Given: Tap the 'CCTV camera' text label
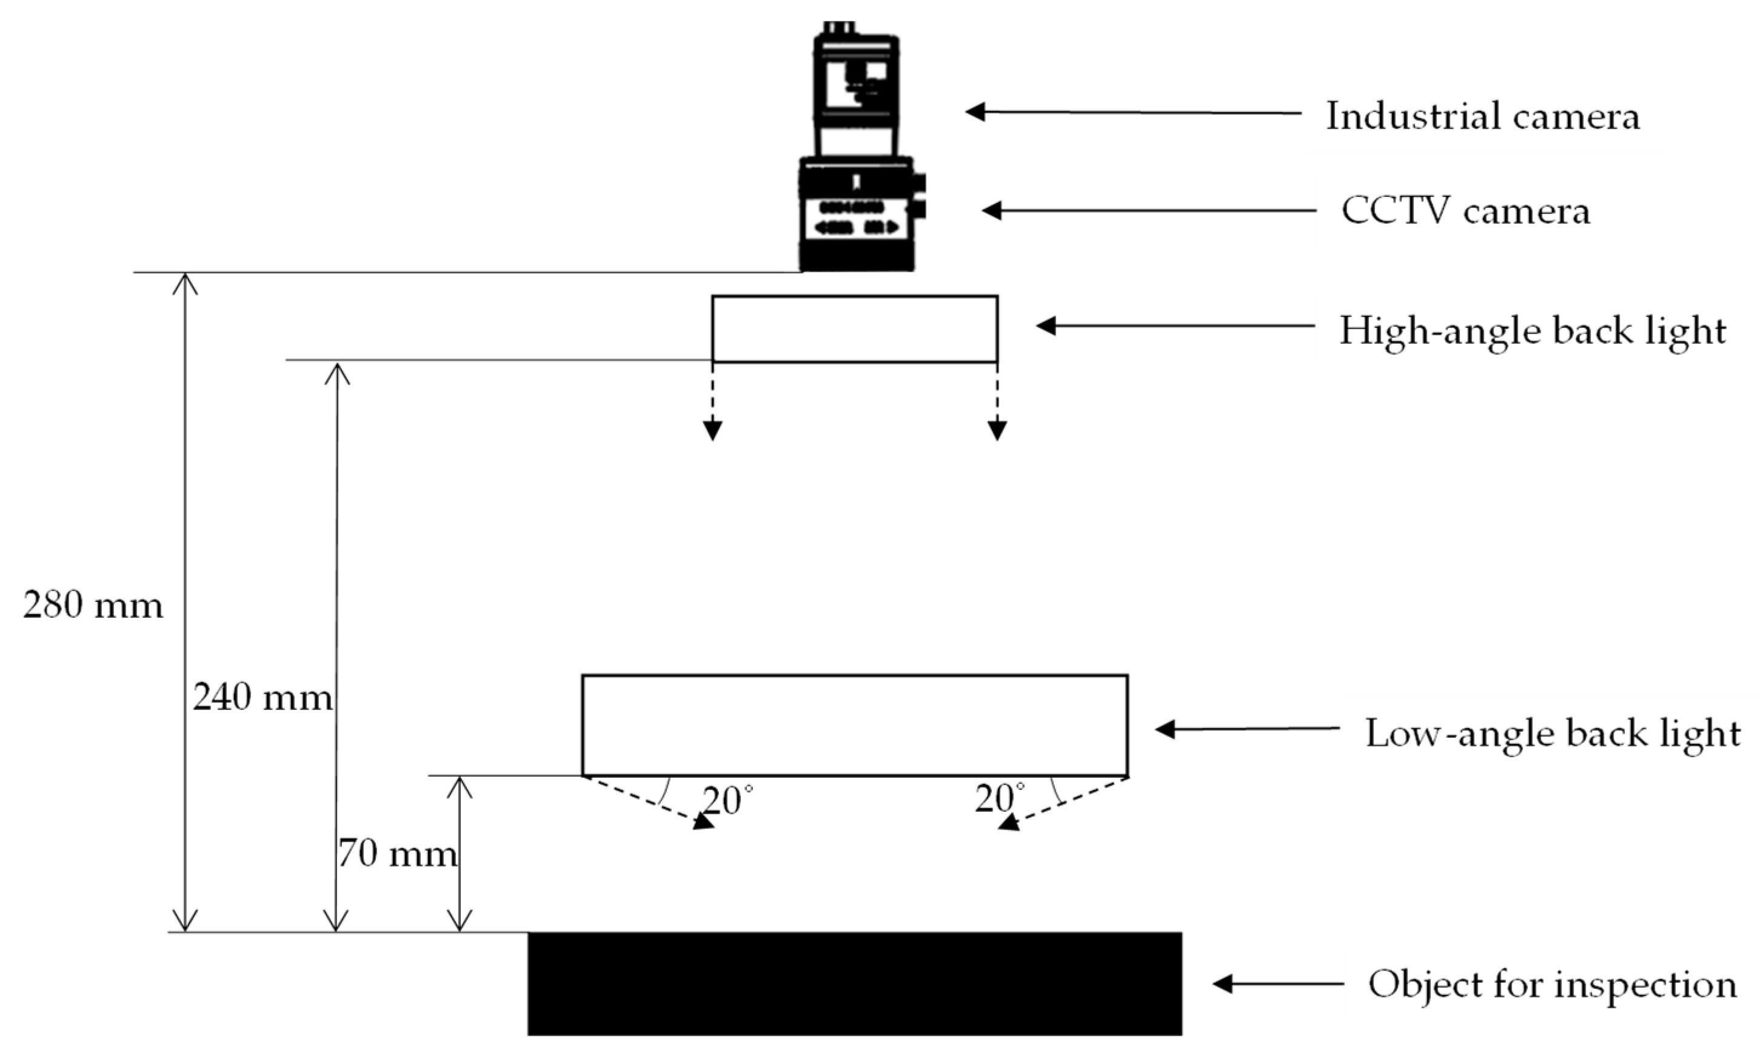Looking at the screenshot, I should coord(1465,212).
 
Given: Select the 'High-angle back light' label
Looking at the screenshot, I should coord(1533,331).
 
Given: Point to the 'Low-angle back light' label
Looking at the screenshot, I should coord(1553,733).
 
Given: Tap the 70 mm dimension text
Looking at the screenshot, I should coord(397,854).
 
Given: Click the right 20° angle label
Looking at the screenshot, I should coord(1000,799).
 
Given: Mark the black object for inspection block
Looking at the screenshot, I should coord(854,983).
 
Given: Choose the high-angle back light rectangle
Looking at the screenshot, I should coord(854,329).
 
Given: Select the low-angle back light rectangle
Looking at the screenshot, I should coord(854,725).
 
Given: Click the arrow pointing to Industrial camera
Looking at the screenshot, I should coord(1133,112).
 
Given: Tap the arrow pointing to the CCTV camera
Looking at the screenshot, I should coord(1149,210).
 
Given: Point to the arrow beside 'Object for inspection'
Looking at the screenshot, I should coord(1278,984).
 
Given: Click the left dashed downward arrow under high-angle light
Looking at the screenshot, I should coord(713,401).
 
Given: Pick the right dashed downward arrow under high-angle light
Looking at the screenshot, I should coord(997,401).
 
